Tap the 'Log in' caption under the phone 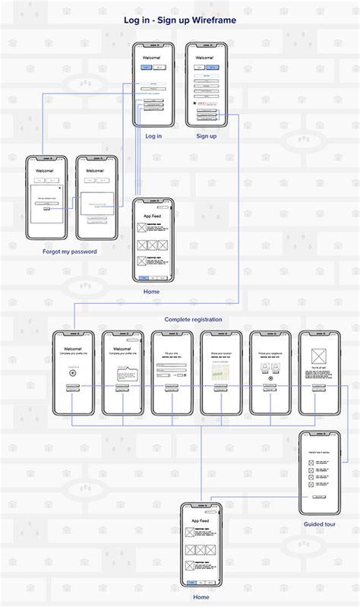point(153,136)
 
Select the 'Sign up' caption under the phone point(207,136)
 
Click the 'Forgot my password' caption point(70,251)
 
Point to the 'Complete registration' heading point(194,320)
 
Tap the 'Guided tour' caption point(319,524)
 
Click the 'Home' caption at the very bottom point(201,597)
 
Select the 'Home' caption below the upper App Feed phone point(152,291)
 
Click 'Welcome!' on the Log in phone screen point(153,58)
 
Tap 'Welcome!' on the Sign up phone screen point(206,58)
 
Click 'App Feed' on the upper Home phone point(153,216)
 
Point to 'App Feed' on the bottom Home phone point(201,520)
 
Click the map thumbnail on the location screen point(221,370)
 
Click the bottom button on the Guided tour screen point(319,497)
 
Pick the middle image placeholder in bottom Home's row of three point(201,549)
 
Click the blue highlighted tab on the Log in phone point(147,68)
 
